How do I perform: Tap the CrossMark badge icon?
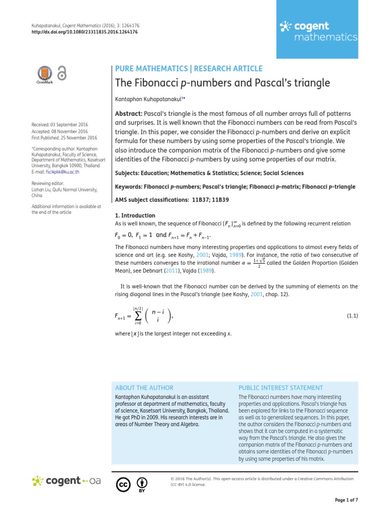[44, 74]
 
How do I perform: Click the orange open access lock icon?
[61, 73]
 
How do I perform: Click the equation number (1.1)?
[352, 315]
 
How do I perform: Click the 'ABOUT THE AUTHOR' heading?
[144, 387]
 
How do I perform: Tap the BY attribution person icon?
[143, 482]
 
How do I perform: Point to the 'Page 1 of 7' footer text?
[346, 500]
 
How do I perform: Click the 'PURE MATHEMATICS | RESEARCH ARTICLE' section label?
[189, 69]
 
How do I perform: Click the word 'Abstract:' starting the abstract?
[129, 113]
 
